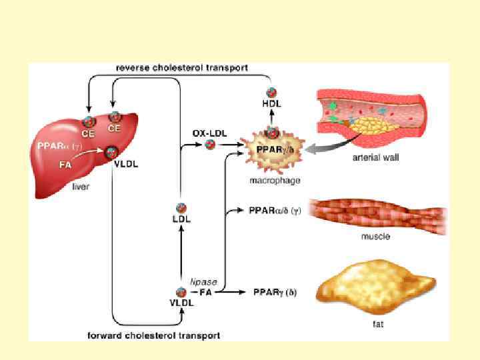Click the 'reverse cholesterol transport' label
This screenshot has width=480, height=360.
(x=182, y=67)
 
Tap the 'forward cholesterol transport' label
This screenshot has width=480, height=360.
(x=154, y=335)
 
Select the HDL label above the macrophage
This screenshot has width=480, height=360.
(x=272, y=104)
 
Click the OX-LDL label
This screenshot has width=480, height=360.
(x=209, y=133)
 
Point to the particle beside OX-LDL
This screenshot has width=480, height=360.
(x=210, y=145)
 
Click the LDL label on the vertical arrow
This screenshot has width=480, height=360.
(x=181, y=219)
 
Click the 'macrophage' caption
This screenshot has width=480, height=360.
(x=275, y=180)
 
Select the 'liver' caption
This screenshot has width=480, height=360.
(x=81, y=187)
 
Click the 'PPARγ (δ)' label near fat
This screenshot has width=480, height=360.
(x=275, y=292)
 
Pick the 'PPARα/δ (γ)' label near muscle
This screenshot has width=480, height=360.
(x=273, y=211)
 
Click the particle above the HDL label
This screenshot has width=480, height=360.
(x=272, y=93)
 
